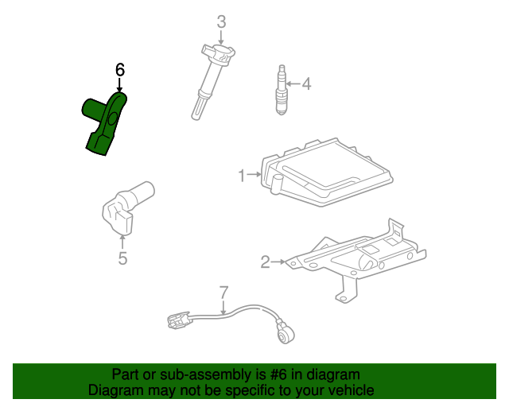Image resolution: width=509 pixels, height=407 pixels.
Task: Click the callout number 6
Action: tap(120, 71)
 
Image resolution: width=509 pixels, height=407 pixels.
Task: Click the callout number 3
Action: tap(221, 21)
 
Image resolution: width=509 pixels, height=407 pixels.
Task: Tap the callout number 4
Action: tap(306, 83)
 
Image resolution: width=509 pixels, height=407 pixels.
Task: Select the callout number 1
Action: tap(242, 174)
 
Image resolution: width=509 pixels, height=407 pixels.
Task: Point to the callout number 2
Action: tap(265, 260)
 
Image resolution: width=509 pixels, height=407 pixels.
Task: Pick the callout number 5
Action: tap(122, 258)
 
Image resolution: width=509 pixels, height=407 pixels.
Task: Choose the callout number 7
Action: tap(223, 292)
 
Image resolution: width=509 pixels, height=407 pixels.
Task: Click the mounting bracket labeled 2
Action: tap(358, 258)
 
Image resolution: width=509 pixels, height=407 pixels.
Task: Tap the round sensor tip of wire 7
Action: tap(284, 334)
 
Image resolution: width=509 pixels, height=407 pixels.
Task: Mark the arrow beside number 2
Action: tap(278, 260)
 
